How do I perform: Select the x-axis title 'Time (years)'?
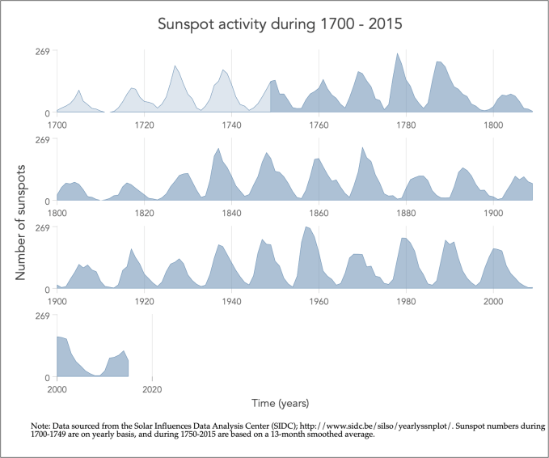(279, 402)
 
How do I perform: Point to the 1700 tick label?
(57, 125)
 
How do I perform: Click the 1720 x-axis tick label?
(144, 125)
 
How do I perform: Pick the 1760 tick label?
(319, 125)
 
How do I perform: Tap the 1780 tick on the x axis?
(406, 125)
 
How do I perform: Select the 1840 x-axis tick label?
(231, 213)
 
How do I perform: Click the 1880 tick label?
(406, 213)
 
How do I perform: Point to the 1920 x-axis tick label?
(144, 300)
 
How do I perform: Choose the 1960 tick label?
(319, 300)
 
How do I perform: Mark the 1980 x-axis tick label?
(406, 300)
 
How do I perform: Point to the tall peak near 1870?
(362, 148)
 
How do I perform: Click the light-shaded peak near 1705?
(78, 91)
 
